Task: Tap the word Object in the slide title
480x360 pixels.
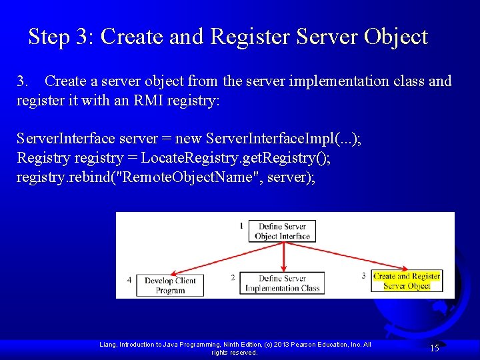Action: [x=395, y=37]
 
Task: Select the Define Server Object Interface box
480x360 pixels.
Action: [x=283, y=231]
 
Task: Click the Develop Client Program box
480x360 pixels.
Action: [x=170, y=285]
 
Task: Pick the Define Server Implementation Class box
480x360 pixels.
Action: [x=283, y=283]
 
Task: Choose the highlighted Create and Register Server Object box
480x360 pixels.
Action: [x=407, y=281]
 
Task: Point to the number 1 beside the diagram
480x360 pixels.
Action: [x=241, y=226]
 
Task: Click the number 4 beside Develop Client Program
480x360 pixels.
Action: [x=129, y=280]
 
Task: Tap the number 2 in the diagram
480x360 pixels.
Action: [x=233, y=277]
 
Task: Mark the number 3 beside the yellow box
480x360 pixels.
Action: [x=364, y=275]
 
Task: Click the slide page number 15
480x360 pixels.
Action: [x=434, y=348]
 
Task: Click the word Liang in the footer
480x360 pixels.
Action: [x=109, y=345]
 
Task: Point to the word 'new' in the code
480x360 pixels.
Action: [x=189, y=139]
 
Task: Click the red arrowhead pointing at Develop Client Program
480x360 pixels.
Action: [x=172, y=272]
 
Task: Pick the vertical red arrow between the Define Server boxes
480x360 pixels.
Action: [x=285, y=256]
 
